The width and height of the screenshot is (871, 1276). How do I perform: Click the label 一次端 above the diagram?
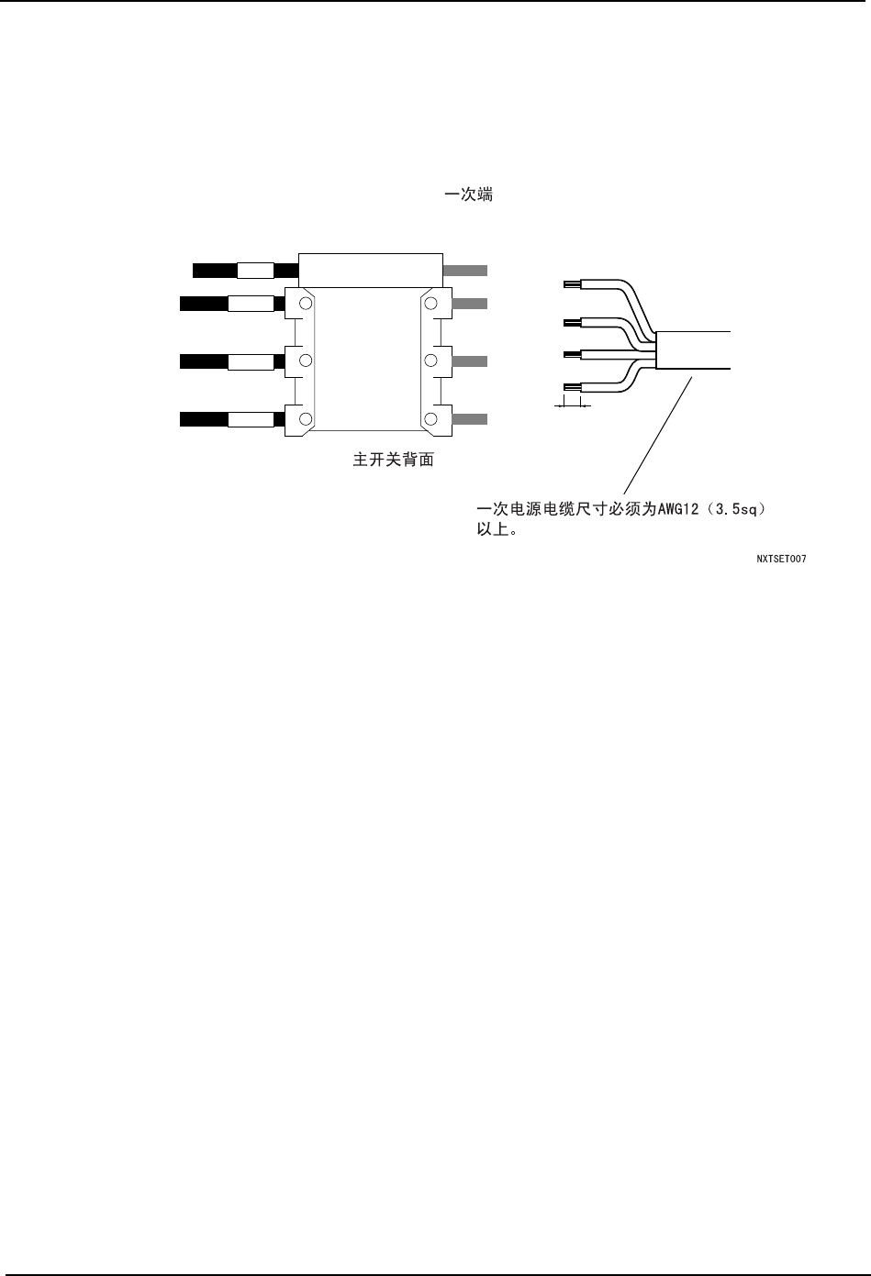pyautogui.click(x=468, y=195)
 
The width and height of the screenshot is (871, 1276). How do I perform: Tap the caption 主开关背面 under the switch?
pyautogui.click(x=394, y=460)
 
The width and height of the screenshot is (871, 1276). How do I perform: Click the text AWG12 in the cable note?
pyautogui.click(x=676, y=509)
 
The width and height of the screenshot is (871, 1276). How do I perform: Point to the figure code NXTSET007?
pyautogui.click(x=781, y=558)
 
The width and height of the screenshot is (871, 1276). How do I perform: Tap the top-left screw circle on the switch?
pyautogui.click(x=307, y=303)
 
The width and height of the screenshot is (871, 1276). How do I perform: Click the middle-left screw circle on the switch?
pyautogui.click(x=307, y=361)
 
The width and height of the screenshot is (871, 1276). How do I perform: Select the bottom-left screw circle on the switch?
pyautogui.click(x=307, y=419)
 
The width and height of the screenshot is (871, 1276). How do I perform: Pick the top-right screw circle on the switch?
pyautogui.click(x=430, y=303)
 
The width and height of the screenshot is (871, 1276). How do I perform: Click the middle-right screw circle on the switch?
pyautogui.click(x=430, y=361)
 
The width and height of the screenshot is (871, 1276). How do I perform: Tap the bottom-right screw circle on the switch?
pyautogui.click(x=430, y=419)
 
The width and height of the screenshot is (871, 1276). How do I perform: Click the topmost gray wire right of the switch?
pyautogui.click(x=465, y=271)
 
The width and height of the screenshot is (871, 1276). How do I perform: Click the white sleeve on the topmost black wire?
pyautogui.click(x=255, y=271)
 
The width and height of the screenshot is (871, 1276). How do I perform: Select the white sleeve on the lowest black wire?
pyautogui.click(x=251, y=420)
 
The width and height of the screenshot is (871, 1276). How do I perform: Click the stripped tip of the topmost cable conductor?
pyautogui.click(x=570, y=283)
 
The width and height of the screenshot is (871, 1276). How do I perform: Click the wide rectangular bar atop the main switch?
pyautogui.click(x=371, y=270)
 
